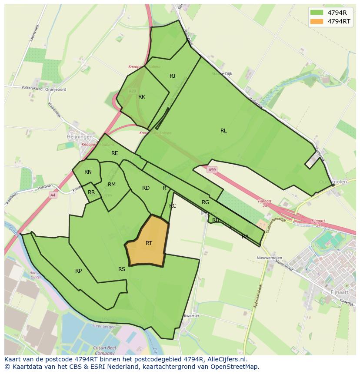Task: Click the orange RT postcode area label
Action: (149, 243)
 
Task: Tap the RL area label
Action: (223, 131)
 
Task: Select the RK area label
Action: (142, 97)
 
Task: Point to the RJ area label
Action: (173, 76)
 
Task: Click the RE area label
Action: (115, 153)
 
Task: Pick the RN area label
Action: (88, 172)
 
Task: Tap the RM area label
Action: (112, 185)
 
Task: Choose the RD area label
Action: (146, 188)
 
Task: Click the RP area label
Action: (78, 271)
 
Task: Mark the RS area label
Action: (122, 269)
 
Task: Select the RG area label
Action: (206, 202)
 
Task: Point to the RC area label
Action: (173, 206)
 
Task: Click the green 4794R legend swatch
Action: (317, 13)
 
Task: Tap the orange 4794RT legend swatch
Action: (317, 21)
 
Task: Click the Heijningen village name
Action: (80, 136)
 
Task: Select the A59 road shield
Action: (212, 169)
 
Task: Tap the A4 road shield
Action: (53, 195)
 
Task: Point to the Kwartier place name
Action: (191, 316)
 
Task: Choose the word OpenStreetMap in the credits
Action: (235, 367)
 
